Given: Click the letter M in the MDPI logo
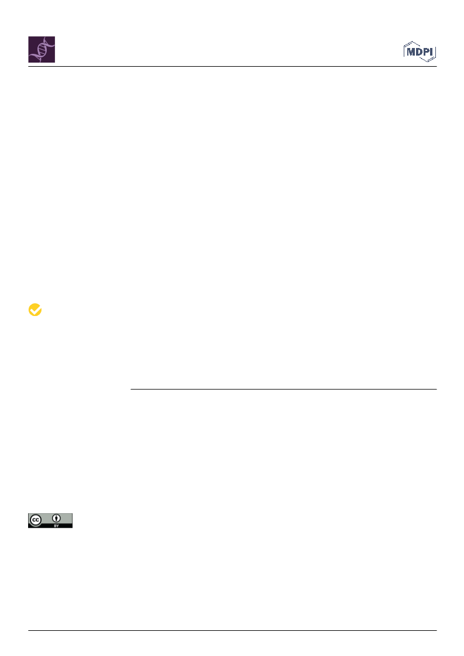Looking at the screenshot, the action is [411, 52].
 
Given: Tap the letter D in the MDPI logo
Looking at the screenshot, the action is [419, 52].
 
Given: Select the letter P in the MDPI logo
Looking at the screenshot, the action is [427, 52].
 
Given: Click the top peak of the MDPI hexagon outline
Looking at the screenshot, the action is [413, 42].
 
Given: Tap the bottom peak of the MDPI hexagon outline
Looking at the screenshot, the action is [428, 62].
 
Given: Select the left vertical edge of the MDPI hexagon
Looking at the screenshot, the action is [404, 52].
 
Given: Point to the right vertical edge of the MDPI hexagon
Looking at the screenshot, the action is [436, 52].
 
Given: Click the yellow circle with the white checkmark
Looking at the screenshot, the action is [35, 310].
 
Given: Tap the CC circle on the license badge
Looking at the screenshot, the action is [36, 520].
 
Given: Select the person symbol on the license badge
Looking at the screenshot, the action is [56, 518].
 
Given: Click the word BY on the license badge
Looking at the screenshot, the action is [56, 526].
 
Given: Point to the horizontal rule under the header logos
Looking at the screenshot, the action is [232, 66].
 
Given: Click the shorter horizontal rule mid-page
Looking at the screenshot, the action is [284, 389].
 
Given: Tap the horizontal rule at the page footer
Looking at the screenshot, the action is [232, 630].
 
